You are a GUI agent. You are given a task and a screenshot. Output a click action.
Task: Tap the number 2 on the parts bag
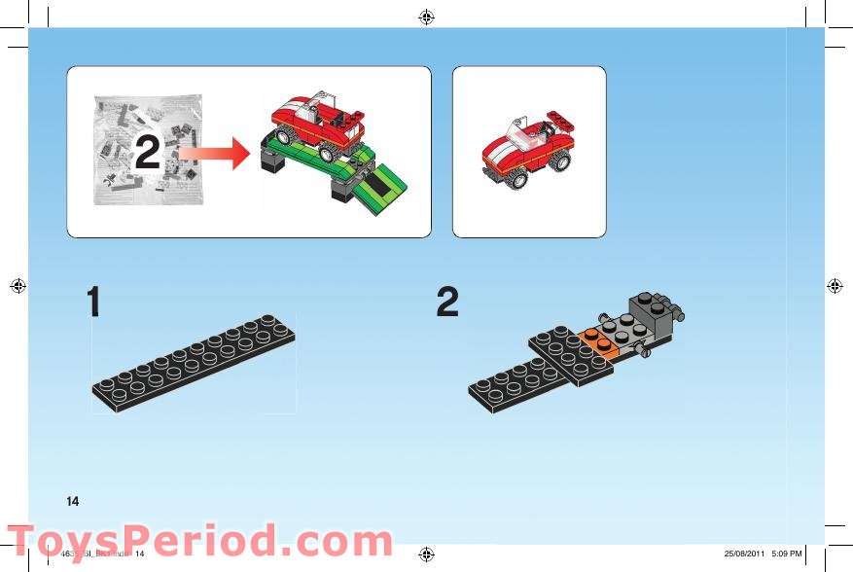tap(147, 153)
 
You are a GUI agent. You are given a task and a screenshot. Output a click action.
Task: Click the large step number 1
tap(94, 303)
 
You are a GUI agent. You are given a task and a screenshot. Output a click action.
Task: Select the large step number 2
tap(447, 303)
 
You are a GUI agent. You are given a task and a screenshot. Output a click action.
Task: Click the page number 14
tap(72, 501)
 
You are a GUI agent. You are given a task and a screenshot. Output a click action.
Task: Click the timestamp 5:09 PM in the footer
tap(786, 554)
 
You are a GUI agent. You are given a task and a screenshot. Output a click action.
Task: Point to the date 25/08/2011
tap(744, 554)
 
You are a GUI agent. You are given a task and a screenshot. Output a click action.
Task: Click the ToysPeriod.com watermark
tap(199, 541)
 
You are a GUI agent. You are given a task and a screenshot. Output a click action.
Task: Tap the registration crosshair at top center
tap(426, 17)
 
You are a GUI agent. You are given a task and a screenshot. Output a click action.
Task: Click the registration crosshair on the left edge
tap(17, 285)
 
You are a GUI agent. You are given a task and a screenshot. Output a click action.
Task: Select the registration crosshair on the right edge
tap(835, 285)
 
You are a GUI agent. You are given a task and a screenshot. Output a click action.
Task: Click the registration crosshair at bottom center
tap(426, 554)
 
